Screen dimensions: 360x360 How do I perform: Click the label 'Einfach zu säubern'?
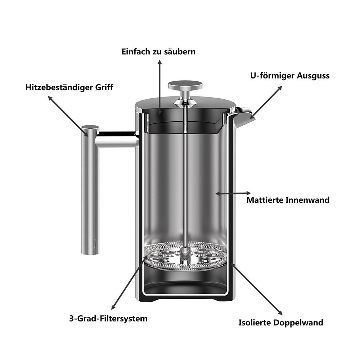tap(158, 51)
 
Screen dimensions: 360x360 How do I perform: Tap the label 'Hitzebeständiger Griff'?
tap(69, 87)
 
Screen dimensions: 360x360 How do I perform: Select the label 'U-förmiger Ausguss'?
tap(290, 76)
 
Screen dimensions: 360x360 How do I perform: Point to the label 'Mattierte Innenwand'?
tap(288, 200)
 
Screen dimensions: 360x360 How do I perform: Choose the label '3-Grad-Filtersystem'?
tap(108, 319)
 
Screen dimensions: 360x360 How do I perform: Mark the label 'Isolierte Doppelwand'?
tap(281, 323)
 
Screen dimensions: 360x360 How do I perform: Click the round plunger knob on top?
tap(185, 85)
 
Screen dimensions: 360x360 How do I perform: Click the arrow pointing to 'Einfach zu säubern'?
tap(159, 87)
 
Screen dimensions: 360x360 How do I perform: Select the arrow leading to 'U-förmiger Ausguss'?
tap(266, 102)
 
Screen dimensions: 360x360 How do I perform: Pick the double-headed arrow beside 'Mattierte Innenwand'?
tap(233, 193)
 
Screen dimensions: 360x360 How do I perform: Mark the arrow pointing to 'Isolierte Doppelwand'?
tap(257, 289)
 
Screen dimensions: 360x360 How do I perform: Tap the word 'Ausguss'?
tap(313, 76)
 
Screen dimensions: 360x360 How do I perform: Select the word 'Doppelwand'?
tap(298, 323)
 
